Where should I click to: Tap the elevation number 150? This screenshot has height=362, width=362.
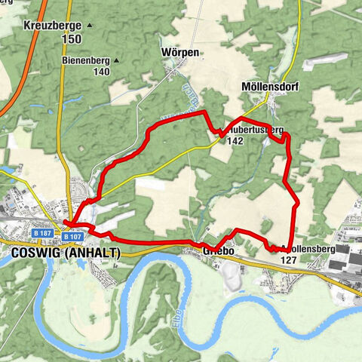click(x=72, y=38)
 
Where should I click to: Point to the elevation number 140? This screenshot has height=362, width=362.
click(x=101, y=72)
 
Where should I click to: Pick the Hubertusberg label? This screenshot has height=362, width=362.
click(x=254, y=130)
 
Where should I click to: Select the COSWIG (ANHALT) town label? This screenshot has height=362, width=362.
click(x=66, y=253)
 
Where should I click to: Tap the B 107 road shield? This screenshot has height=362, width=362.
click(x=72, y=237)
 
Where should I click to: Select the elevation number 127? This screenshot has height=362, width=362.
click(x=287, y=259)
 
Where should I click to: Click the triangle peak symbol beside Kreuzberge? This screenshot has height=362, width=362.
click(x=89, y=25)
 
